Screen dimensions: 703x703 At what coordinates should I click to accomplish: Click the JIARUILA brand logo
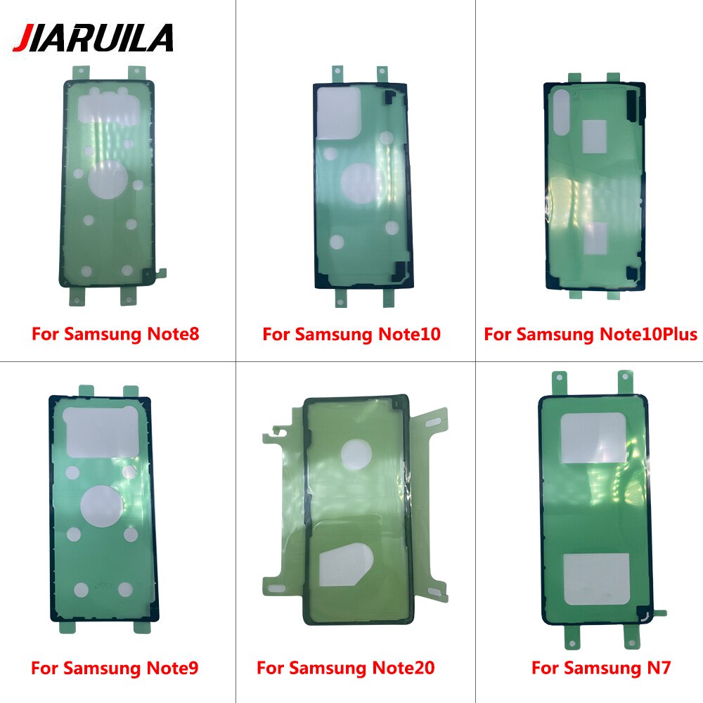(93, 38)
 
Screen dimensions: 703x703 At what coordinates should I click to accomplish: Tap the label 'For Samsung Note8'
(115, 334)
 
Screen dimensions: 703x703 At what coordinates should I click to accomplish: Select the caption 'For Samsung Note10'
(351, 334)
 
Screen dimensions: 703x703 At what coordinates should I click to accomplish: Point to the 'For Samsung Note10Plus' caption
(591, 334)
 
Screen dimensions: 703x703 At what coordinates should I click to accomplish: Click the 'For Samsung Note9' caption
(115, 668)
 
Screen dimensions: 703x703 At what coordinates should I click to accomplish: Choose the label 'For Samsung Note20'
(346, 668)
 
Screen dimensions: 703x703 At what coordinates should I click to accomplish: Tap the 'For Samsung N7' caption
(601, 668)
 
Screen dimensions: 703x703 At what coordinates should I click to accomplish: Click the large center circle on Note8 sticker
(107, 180)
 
